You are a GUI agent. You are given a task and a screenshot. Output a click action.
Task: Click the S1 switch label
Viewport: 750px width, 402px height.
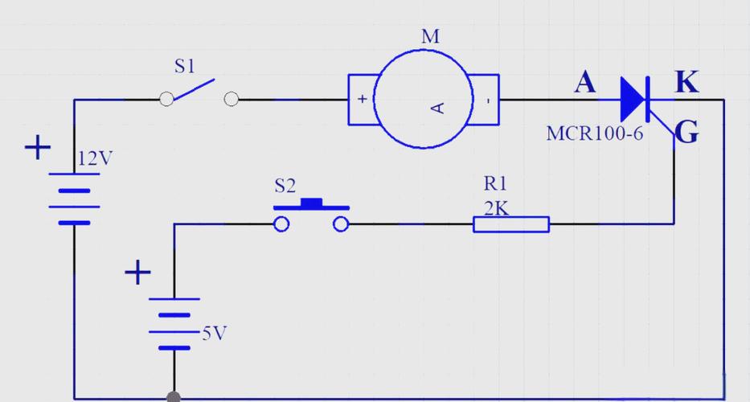point(185,66)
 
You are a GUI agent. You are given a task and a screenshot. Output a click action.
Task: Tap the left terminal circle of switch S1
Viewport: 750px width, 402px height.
point(166,99)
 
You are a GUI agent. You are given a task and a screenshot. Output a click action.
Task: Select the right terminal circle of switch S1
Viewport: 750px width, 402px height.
point(231,99)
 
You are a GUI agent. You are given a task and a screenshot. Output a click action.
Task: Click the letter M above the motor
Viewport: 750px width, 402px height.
point(431,37)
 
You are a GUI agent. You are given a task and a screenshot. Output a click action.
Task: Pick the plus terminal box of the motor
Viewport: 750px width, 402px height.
point(363,100)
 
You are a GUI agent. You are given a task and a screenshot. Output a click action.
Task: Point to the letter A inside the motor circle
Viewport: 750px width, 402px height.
point(438,109)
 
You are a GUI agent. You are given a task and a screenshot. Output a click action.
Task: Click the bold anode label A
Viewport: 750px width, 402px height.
point(585,82)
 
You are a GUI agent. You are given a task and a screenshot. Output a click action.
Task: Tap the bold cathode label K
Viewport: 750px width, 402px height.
point(686,82)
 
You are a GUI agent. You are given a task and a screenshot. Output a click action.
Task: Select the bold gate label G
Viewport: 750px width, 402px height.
point(687,132)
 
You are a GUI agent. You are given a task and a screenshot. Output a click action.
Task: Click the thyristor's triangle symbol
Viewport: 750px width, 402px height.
point(633,100)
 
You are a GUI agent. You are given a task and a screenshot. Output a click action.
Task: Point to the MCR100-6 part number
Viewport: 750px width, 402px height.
point(595,133)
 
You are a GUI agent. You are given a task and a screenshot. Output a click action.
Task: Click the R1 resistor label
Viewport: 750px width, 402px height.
point(494,183)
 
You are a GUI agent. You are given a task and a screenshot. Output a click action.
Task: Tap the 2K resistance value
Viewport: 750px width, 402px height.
point(496,209)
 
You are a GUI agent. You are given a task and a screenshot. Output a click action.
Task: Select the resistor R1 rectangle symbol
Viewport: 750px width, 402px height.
point(511,224)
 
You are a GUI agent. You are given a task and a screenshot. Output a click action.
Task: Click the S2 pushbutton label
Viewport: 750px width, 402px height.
point(285,187)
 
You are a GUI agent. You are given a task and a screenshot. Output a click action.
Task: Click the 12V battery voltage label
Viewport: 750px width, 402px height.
point(95,158)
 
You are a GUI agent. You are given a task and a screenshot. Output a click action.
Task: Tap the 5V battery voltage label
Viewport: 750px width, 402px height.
point(215,333)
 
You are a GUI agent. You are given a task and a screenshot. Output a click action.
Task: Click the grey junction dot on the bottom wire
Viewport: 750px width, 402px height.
point(174,397)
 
